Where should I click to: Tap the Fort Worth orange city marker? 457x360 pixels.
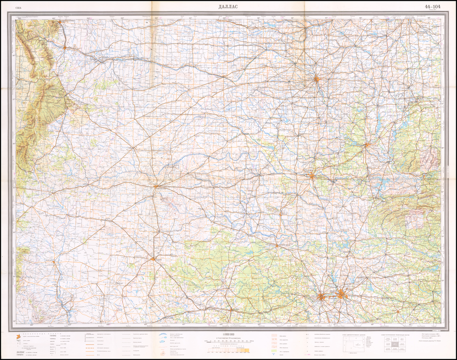[322, 296]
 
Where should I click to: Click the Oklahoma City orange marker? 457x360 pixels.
[312, 176]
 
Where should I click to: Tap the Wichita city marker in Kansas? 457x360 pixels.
[316, 80]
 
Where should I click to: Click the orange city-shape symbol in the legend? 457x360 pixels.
[18, 338]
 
